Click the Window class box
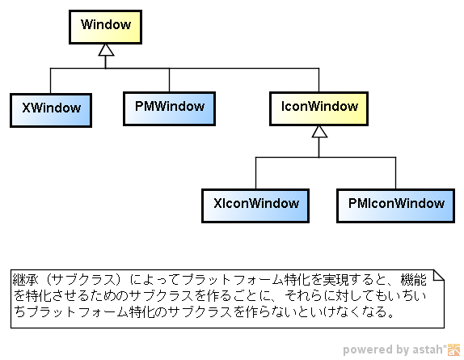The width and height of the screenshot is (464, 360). pyautogui.click(x=105, y=28)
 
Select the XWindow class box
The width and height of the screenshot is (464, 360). pyautogui.click(x=51, y=111)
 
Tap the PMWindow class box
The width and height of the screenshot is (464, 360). pyautogui.click(x=169, y=108)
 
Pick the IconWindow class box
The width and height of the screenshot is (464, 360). pyautogui.click(x=318, y=108)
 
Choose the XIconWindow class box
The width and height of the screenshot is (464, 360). pyautogui.click(x=255, y=205)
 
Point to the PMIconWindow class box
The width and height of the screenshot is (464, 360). pyautogui.click(x=395, y=205)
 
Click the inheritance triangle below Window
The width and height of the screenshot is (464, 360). pyautogui.click(x=106, y=50)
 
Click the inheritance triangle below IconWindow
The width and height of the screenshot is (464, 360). pyautogui.click(x=319, y=132)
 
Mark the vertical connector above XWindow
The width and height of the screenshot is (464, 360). pyautogui.click(x=50, y=81)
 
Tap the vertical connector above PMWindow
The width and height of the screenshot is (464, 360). pyautogui.click(x=169, y=80)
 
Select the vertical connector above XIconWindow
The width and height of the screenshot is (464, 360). pyautogui.click(x=255, y=173)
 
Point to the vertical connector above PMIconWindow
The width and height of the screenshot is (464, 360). pyautogui.click(x=395, y=173)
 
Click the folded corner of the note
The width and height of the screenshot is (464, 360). pyautogui.click(x=439, y=275)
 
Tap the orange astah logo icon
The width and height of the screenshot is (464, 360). pyautogui.click(x=454, y=349)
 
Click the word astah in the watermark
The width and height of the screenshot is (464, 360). pyautogui.click(x=428, y=349)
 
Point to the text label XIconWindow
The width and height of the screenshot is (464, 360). pyautogui.click(x=256, y=203)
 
